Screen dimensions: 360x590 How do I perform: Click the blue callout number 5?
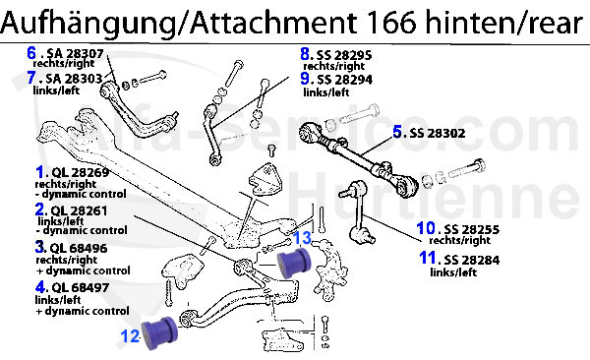click(398, 131)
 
